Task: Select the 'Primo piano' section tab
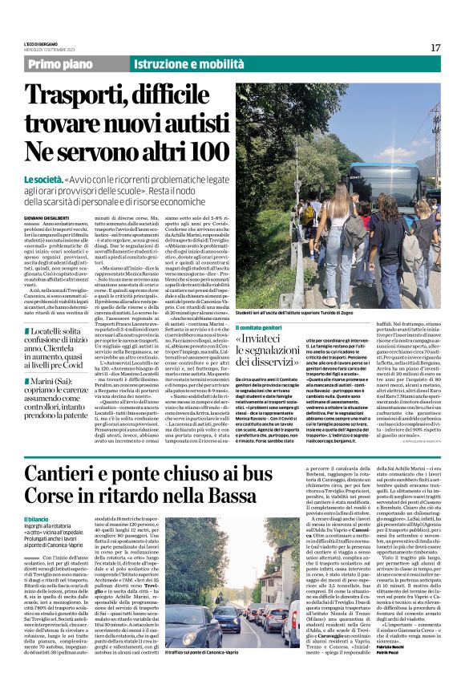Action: click(x=75, y=63)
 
